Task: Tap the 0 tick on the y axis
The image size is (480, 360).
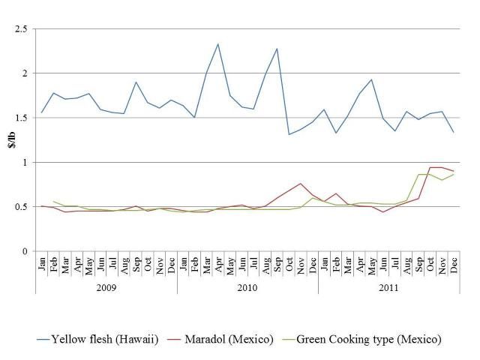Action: point(24,251)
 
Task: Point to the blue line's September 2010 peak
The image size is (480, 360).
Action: point(277,49)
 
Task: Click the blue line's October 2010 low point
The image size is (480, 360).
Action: point(289,134)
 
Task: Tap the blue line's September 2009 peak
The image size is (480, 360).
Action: point(136,82)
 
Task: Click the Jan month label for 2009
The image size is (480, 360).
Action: point(41,263)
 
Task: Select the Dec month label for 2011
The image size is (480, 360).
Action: point(454,263)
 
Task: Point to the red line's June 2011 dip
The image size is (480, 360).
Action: point(383,212)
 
